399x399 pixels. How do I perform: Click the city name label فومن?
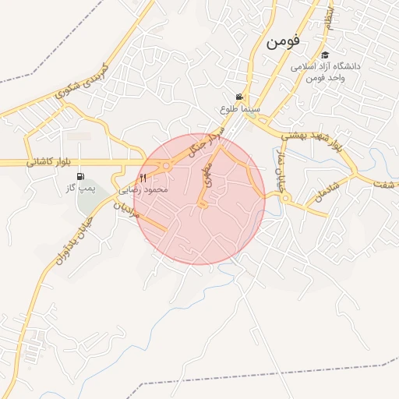(283, 42)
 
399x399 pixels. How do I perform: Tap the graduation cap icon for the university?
(325, 55)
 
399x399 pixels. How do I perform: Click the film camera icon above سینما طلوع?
(239, 97)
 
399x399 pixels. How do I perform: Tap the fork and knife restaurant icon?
(143, 178)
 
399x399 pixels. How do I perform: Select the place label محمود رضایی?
(141, 189)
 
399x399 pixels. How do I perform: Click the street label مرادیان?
(127, 207)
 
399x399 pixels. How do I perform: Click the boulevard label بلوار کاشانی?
(48, 161)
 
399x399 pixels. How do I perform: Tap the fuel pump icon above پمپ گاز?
(83, 176)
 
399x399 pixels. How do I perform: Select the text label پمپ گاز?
(81, 189)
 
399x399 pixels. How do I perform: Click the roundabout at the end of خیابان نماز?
(286, 199)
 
